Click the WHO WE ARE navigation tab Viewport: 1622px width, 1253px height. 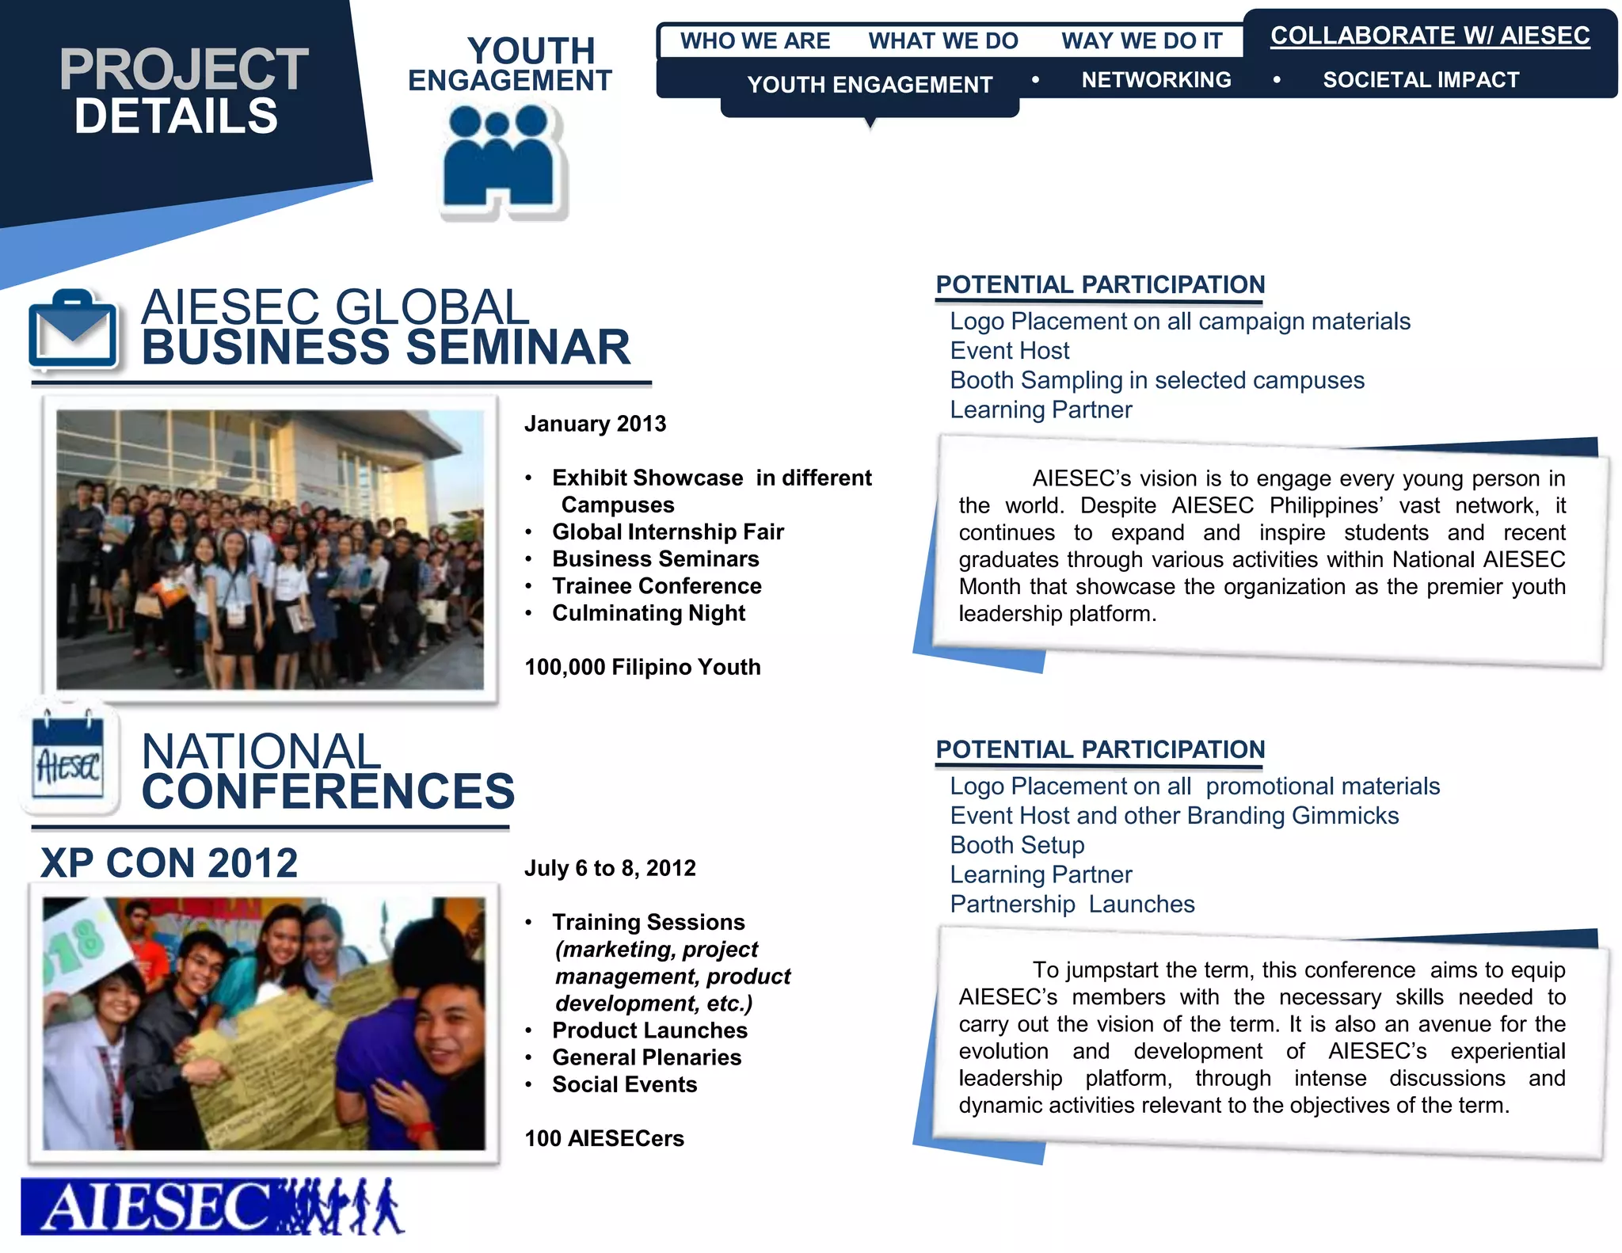coord(755,41)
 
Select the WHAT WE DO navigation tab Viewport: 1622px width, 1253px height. coord(942,41)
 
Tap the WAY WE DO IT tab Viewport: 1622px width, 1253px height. coord(1141,41)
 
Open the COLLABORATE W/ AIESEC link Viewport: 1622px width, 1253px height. coord(1430,36)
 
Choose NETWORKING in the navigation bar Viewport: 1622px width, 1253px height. coord(1156,80)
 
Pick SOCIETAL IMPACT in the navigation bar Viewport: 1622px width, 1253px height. coord(1421,80)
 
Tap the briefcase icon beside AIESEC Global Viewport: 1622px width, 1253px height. coord(73,330)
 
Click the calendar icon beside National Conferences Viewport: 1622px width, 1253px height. coord(68,760)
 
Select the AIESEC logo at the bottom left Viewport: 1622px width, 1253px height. coord(212,1206)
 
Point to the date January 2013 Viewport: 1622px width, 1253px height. coord(595,424)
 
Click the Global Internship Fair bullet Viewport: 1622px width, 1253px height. coord(668,531)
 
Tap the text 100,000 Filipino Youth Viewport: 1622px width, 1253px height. coord(642,667)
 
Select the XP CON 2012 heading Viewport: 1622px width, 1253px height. coord(169,863)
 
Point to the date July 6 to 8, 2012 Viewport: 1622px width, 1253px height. coord(610,868)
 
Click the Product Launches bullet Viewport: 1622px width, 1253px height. coord(649,1030)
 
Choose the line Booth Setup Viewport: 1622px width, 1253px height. coord(1017,845)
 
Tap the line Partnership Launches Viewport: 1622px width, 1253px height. coord(1072,904)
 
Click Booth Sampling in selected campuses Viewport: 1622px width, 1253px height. coord(1156,380)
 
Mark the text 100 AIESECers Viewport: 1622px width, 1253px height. coord(604,1138)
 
